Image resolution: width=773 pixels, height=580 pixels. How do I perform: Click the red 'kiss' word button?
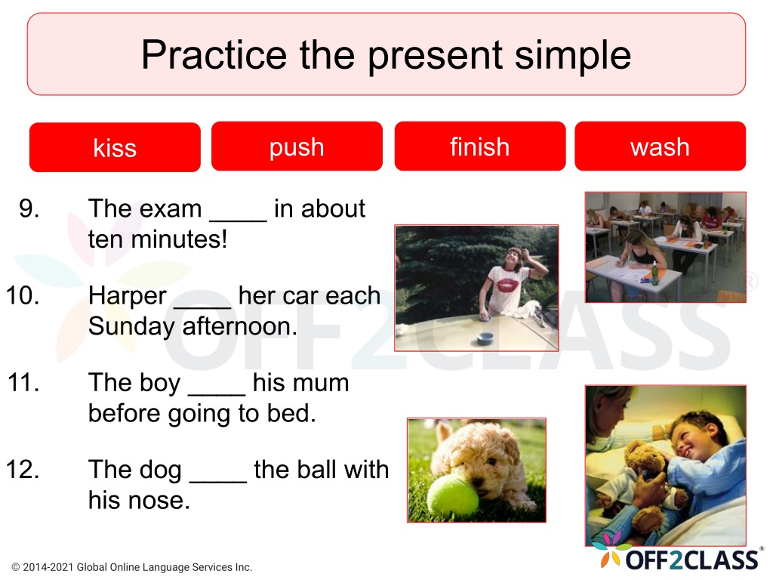point(115,147)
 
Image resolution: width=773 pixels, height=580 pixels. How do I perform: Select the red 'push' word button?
point(297,147)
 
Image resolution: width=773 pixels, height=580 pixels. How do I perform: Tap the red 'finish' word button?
point(479,147)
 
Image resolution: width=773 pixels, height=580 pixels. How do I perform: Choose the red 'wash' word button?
point(660,147)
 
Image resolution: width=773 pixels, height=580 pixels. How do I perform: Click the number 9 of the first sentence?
point(29,208)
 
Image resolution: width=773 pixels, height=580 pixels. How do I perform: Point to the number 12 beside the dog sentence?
point(23,470)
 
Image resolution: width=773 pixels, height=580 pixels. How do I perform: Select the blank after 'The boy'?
point(217,394)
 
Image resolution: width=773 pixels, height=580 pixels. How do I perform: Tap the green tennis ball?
point(452,497)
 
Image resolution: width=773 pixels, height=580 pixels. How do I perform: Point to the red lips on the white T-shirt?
point(507,285)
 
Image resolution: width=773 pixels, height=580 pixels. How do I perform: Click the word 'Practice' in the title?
point(214,54)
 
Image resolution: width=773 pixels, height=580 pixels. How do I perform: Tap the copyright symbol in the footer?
point(16,567)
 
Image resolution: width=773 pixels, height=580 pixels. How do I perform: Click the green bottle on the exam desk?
point(654,273)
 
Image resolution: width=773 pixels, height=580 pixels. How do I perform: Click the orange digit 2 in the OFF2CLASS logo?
point(673,560)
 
